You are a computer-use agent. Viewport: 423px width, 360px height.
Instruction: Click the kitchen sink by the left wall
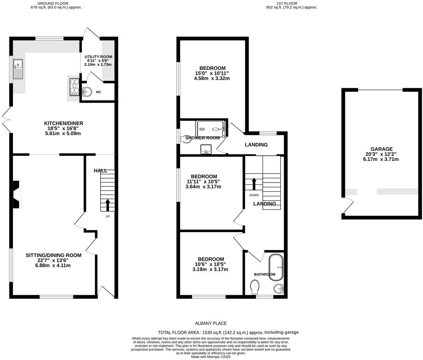[x=18, y=69]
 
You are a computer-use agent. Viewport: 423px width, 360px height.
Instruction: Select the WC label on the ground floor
[x=98, y=92]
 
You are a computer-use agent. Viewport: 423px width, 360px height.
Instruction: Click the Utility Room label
[x=98, y=57]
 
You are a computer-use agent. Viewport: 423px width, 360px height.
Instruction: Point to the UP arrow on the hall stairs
[x=108, y=205]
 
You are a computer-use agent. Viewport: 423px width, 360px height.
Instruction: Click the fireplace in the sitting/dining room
[x=17, y=194]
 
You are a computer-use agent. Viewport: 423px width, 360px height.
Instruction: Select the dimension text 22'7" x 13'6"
[x=53, y=260]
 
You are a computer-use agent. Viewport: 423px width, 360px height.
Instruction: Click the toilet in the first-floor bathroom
[x=255, y=287]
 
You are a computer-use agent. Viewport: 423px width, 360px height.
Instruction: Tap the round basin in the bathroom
[x=279, y=288]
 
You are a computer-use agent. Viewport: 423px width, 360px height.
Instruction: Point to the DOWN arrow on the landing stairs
[x=254, y=184]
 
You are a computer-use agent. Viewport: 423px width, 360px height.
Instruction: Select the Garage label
[x=381, y=149]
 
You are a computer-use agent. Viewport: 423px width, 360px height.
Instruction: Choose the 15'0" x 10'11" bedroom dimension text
[x=212, y=73]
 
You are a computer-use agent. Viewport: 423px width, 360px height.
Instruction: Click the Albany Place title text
[x=211, y=323]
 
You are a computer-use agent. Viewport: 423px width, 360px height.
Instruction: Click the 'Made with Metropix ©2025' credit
[x=211, y=357]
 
